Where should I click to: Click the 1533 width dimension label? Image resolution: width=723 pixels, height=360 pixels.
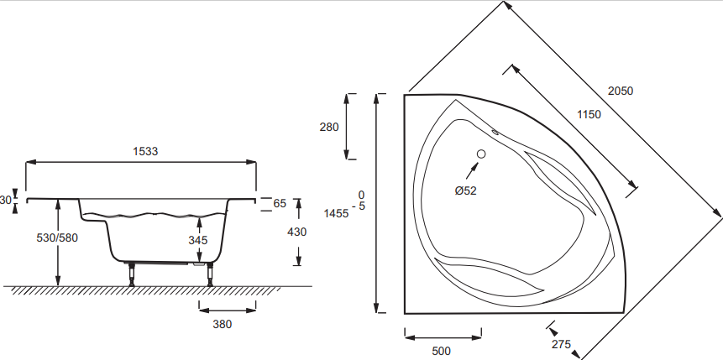click(x=145, y=151)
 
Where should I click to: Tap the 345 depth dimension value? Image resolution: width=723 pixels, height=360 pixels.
click(x=198, y=240)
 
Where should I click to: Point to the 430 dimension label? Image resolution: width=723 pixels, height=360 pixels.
click(x=296, y=232)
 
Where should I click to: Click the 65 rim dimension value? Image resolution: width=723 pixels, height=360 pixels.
click(x=280, y=203)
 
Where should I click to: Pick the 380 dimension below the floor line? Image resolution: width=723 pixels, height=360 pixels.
click(x=222, y=323)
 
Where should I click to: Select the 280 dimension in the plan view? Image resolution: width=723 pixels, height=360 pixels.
click(x=329, y=128)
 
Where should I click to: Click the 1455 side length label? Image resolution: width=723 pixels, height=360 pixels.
click(x=336, y=213)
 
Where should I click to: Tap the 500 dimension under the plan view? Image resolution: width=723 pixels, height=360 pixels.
click(x=442, y=350)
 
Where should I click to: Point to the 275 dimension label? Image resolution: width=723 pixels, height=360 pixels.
click(x=562, y=344)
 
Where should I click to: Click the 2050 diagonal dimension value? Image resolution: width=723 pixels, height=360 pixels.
click(x=621, y=91)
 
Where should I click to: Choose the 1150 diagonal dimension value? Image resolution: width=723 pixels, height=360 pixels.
click(x=589, y=115)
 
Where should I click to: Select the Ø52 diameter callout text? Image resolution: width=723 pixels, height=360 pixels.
click(x=465, y=191)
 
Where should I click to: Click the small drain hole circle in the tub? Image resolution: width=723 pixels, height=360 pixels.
click(x=481, y=154)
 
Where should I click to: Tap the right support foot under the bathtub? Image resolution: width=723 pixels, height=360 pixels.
click(x=209, y=274)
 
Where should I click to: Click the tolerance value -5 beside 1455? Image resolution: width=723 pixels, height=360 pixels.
click(x=361, y=206)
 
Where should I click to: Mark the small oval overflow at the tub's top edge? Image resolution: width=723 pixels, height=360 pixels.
click(x=495, y=131)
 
